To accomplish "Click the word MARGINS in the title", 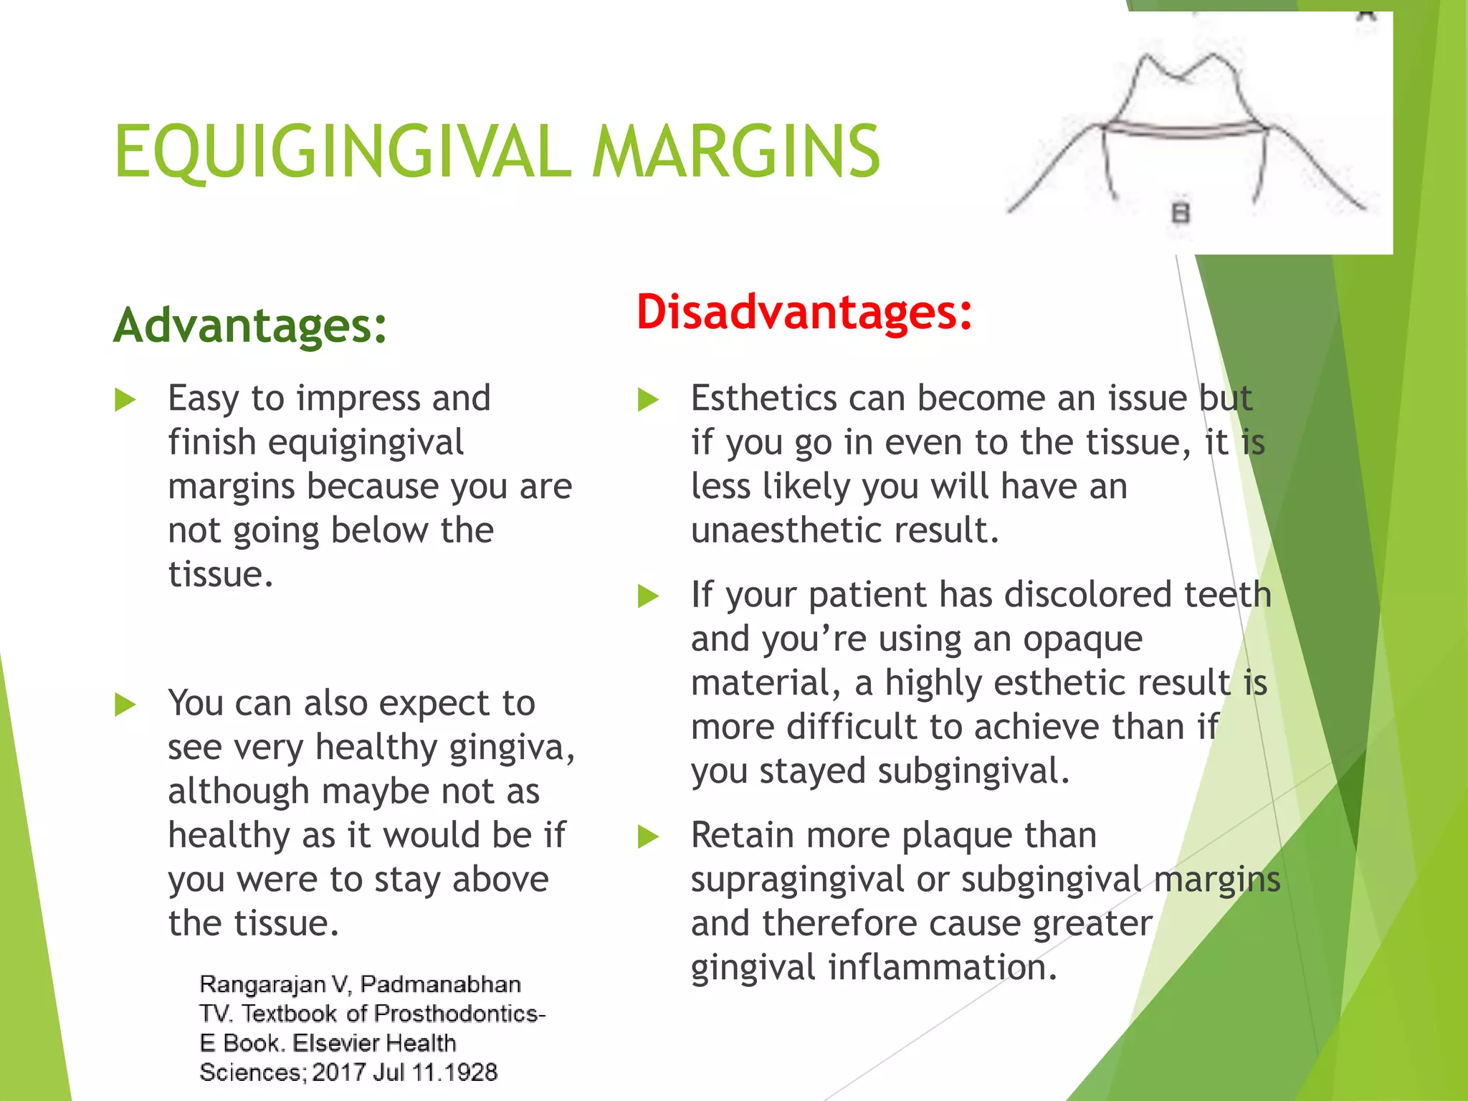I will tap(736, 151).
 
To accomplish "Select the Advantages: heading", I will tap(250, 325).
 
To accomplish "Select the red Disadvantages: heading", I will tap(804, 313).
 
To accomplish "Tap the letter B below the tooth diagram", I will tap(1180, 213).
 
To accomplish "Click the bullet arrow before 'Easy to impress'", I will tap(125, 400).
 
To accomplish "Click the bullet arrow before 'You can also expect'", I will tap(125, 705).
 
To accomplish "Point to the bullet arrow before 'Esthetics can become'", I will tap(648, 400).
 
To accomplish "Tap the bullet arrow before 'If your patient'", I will tap(648, 596).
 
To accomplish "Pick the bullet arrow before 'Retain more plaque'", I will tap(648, 837).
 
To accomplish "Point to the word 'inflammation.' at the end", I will tap(943, 968).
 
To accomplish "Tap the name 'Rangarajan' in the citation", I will tap(262, 985).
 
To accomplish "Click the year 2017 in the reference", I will tap(339, 1072).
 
